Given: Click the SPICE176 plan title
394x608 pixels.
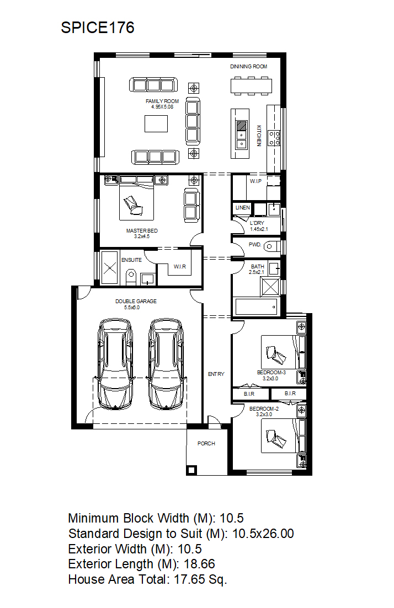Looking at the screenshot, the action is [x=98, y=28].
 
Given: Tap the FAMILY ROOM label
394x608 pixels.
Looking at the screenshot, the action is [x=162, y=101].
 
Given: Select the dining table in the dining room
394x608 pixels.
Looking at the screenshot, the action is [x=251, y=85].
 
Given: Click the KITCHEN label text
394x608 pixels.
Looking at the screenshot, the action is [x=259, y=136].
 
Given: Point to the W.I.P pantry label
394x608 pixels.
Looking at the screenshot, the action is [x=255, y=181].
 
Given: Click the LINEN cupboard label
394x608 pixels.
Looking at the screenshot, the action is [x=243, y=207].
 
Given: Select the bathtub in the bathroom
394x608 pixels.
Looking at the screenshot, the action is [x=256, y=306].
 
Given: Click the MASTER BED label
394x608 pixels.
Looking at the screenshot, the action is [x=142, y=231].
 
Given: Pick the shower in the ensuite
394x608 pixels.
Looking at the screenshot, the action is [x=109, y=267].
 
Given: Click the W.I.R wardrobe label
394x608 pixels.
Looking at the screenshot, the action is [x=180, y=266].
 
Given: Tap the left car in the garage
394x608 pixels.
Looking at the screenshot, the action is [x=115, y=364].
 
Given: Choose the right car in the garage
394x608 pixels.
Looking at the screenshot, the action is [x=166, y=364].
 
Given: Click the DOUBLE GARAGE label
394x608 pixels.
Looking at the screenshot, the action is [x=136, y=301].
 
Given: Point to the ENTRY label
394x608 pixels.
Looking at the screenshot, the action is [x=216, y=374].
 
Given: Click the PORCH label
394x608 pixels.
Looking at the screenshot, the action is [x=206, y=443].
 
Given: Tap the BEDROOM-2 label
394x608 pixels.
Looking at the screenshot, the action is [x=264, y=408].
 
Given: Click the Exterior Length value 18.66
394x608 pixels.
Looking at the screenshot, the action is [x=199, y=564].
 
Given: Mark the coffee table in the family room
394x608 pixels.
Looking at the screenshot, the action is [x=156, y=123].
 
